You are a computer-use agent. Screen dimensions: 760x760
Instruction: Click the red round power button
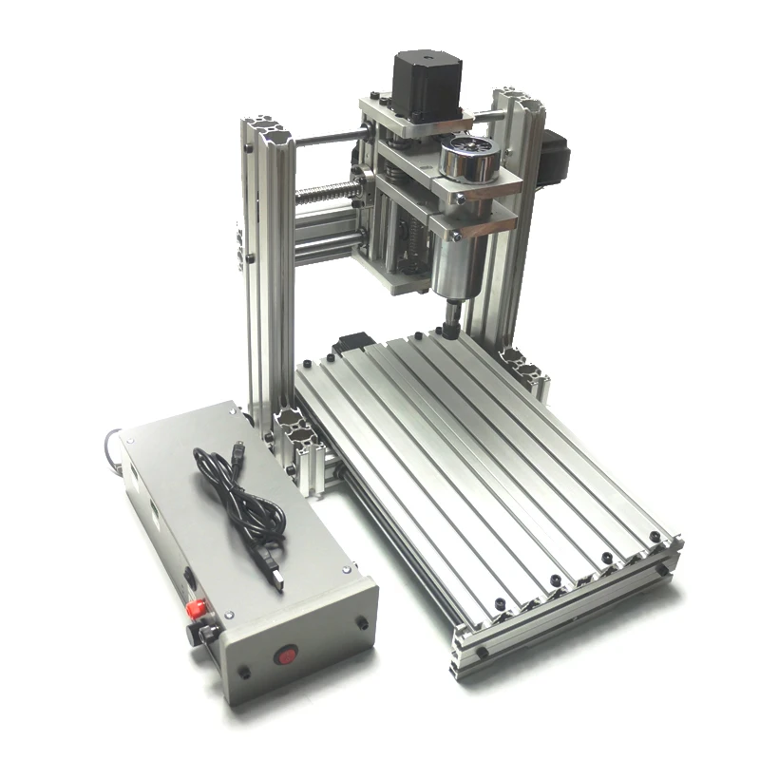click(x=285, y=655)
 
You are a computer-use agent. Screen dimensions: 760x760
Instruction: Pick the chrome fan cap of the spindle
click(x=469, y=155)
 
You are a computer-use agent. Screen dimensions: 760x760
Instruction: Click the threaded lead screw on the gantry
click(x=328, y=194)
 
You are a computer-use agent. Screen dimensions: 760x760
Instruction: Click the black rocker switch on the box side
click(x=189, y=577)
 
